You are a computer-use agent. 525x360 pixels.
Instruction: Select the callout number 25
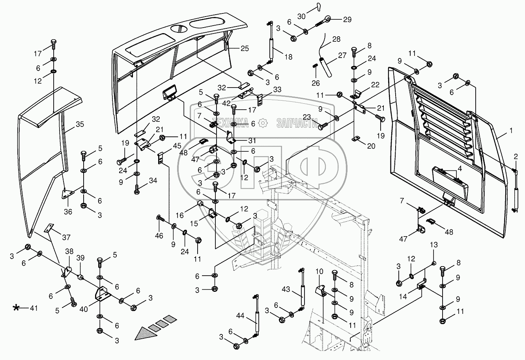245,48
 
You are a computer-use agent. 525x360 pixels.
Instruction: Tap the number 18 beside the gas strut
288,57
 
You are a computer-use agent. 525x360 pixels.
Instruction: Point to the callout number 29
347,19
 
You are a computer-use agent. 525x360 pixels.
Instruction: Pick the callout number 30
301,16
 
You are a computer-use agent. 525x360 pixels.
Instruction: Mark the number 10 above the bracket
319,272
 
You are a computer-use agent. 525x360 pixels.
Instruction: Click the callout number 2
515,157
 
